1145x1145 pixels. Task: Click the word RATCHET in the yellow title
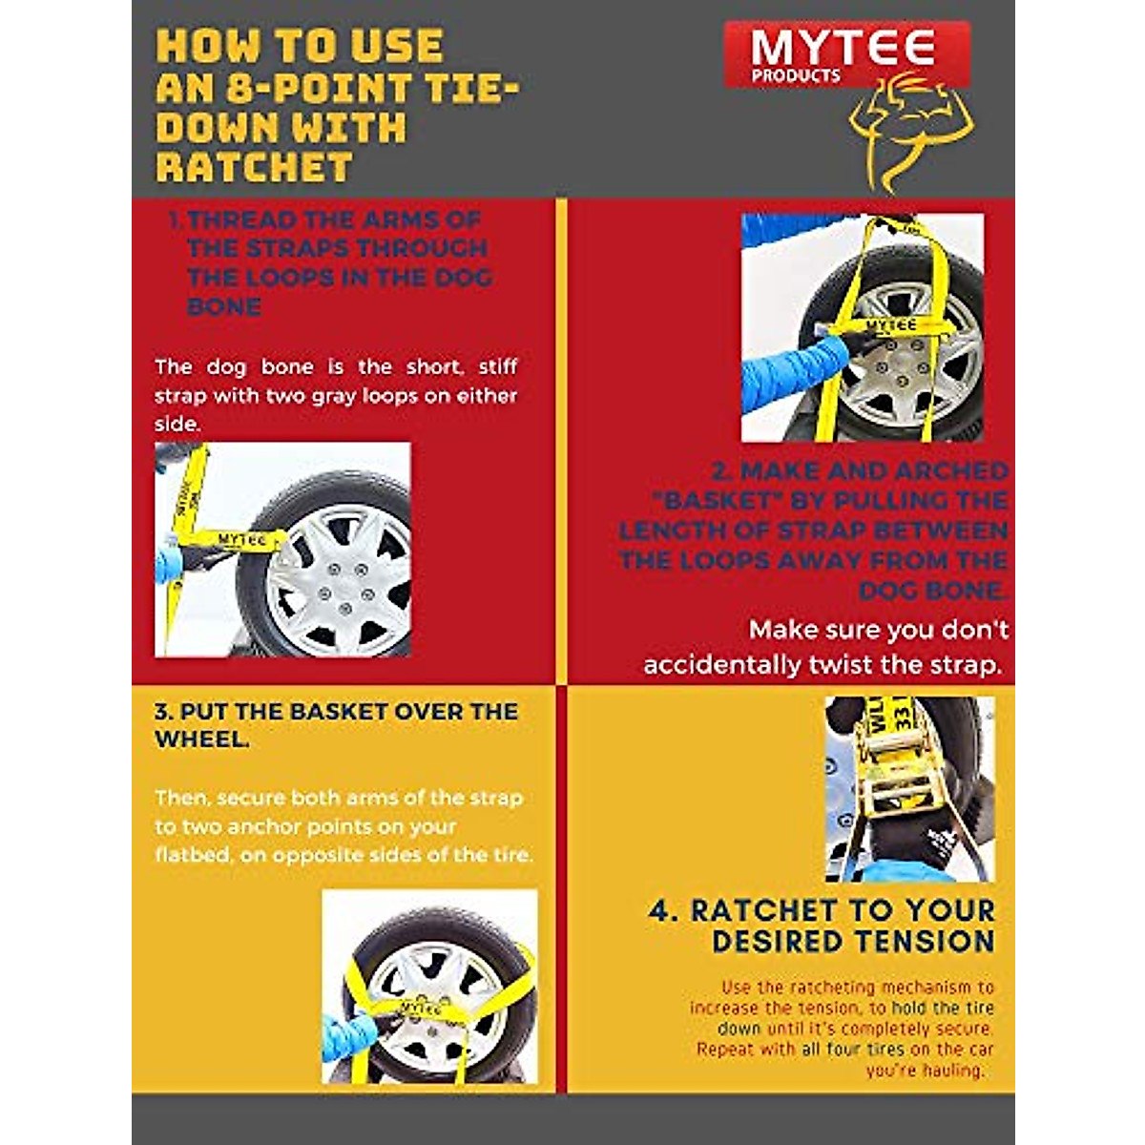254,168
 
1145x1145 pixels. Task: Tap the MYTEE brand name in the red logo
843,48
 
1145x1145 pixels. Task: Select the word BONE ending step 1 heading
224,307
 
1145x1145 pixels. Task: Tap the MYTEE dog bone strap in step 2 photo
889,326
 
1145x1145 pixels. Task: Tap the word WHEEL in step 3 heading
201,739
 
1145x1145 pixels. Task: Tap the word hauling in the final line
951,1071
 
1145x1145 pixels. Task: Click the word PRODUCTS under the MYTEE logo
795,76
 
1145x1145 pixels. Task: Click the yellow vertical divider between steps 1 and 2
561,439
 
